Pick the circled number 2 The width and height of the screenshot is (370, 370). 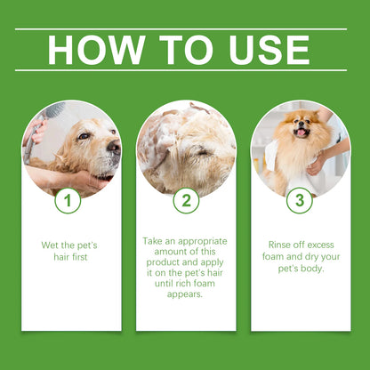(186, 201)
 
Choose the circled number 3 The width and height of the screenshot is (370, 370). (300, 201)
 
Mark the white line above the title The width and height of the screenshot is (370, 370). (185, 28)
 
